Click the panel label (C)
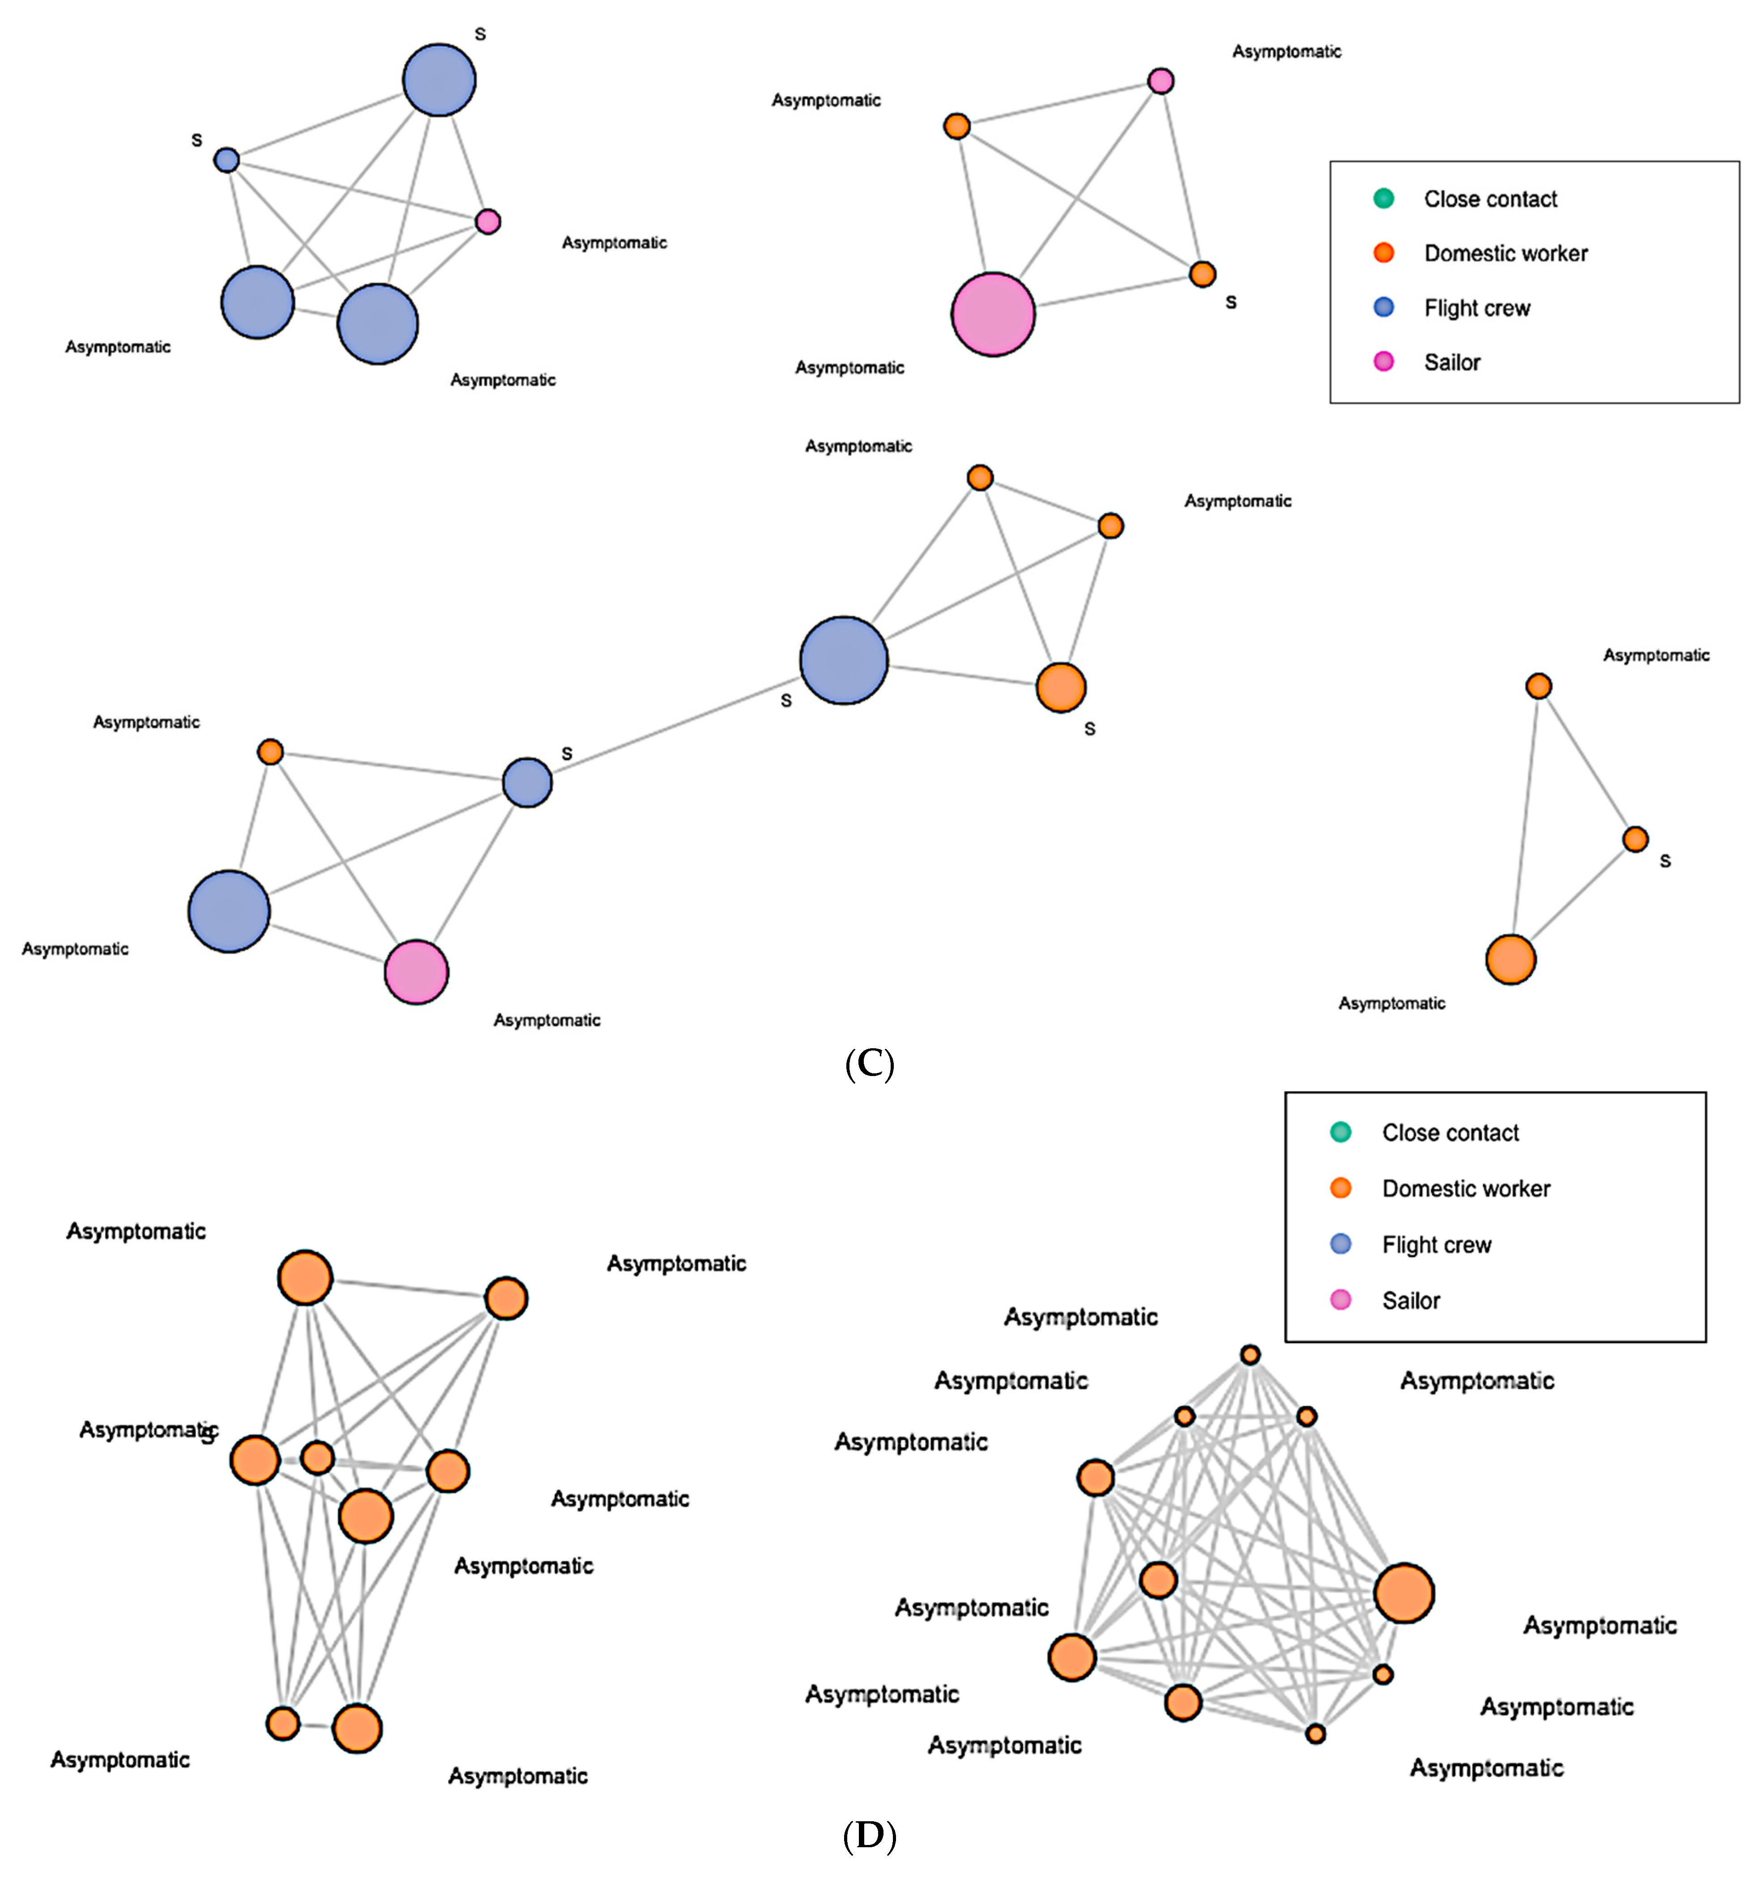(x=868, y=1064)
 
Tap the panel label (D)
(x=868, y=1836)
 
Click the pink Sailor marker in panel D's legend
(x=1340, y=1300)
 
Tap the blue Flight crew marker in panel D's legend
(x=1340, y=1244)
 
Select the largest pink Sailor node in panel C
(x=992, y=314)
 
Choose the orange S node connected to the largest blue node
(x=1060, y=687)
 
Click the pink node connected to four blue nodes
(x=488, y=221)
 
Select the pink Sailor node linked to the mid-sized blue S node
(x=416, y=972)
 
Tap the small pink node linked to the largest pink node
(x=1161, y=81)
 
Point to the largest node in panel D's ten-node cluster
(x=1404, y=1593)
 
